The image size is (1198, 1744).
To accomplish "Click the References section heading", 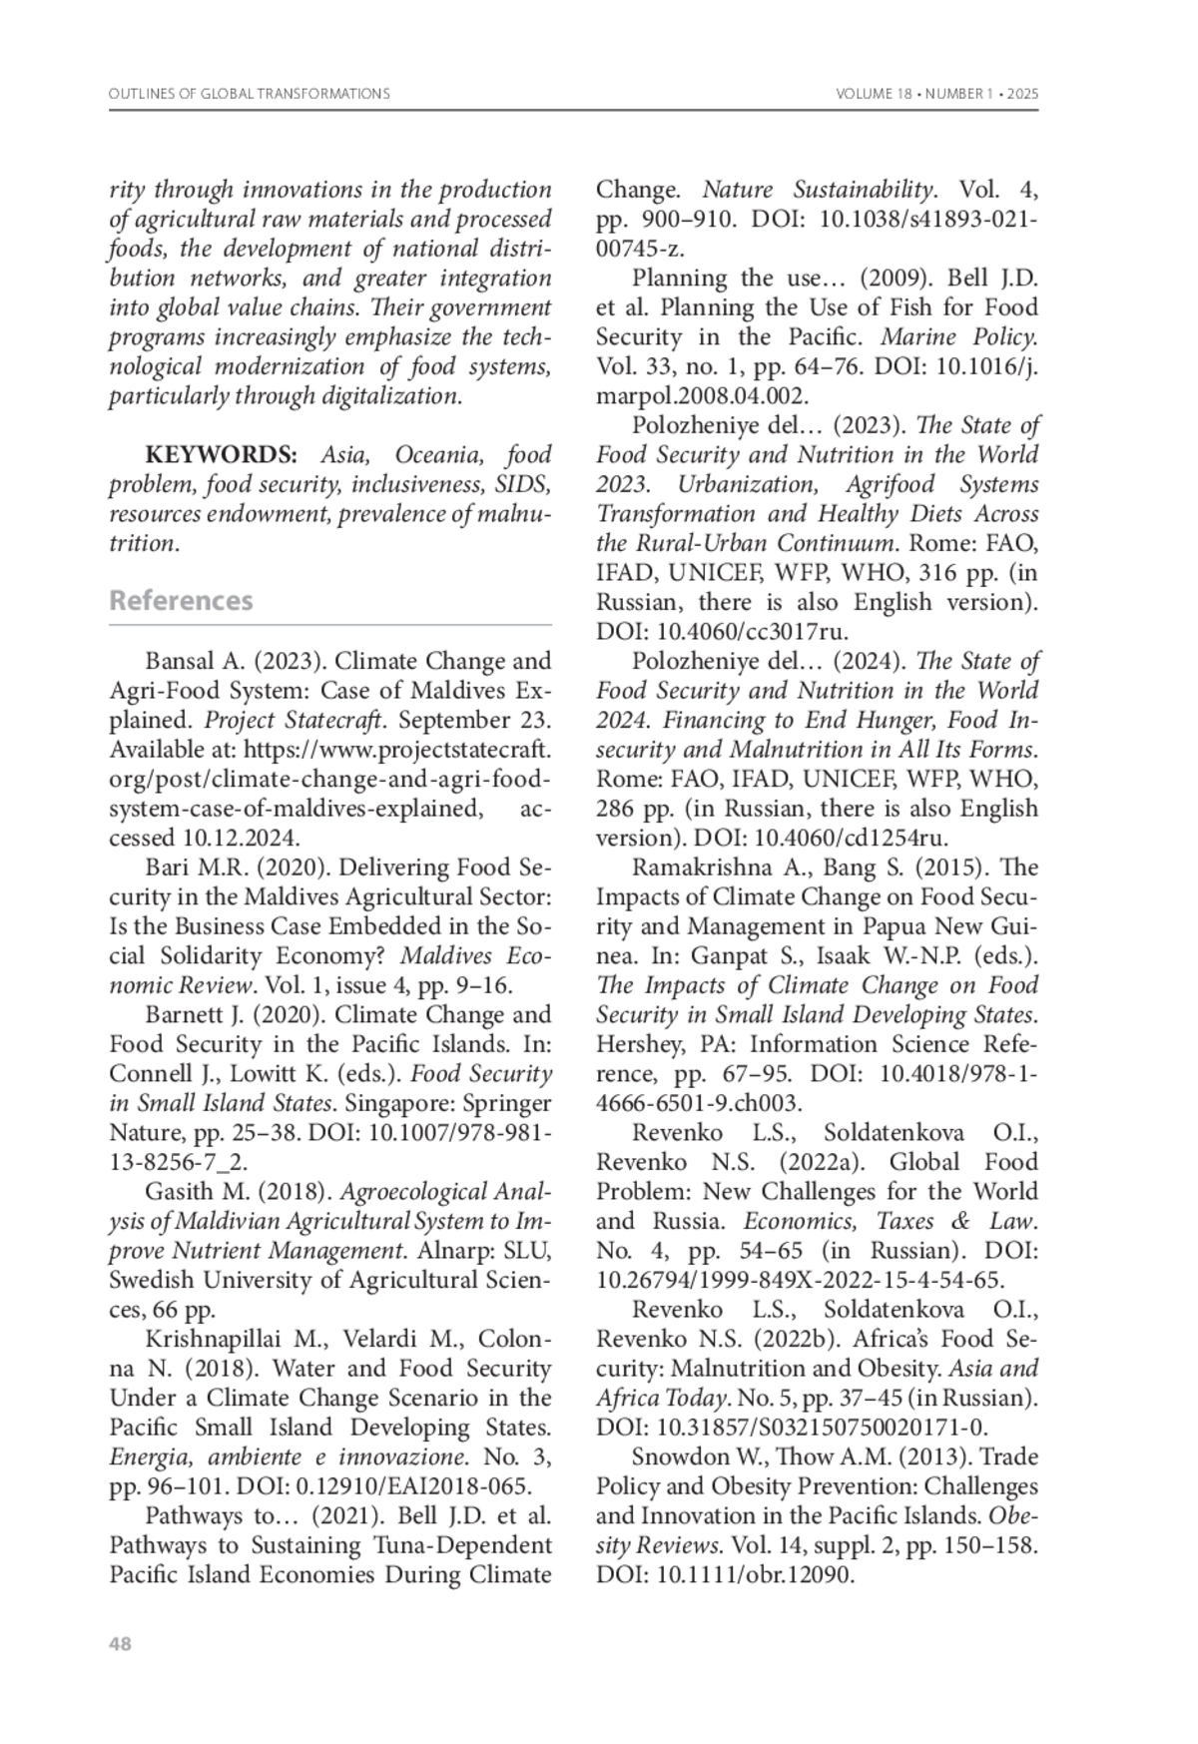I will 181,601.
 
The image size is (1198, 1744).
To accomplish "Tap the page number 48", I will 120,1644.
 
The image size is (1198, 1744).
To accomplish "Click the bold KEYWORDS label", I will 222,455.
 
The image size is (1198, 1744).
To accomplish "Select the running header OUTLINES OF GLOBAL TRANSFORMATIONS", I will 249,94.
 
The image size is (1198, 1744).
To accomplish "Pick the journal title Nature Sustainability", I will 819,190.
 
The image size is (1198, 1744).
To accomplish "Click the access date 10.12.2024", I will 240,839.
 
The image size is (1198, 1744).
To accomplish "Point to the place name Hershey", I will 635,1044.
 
